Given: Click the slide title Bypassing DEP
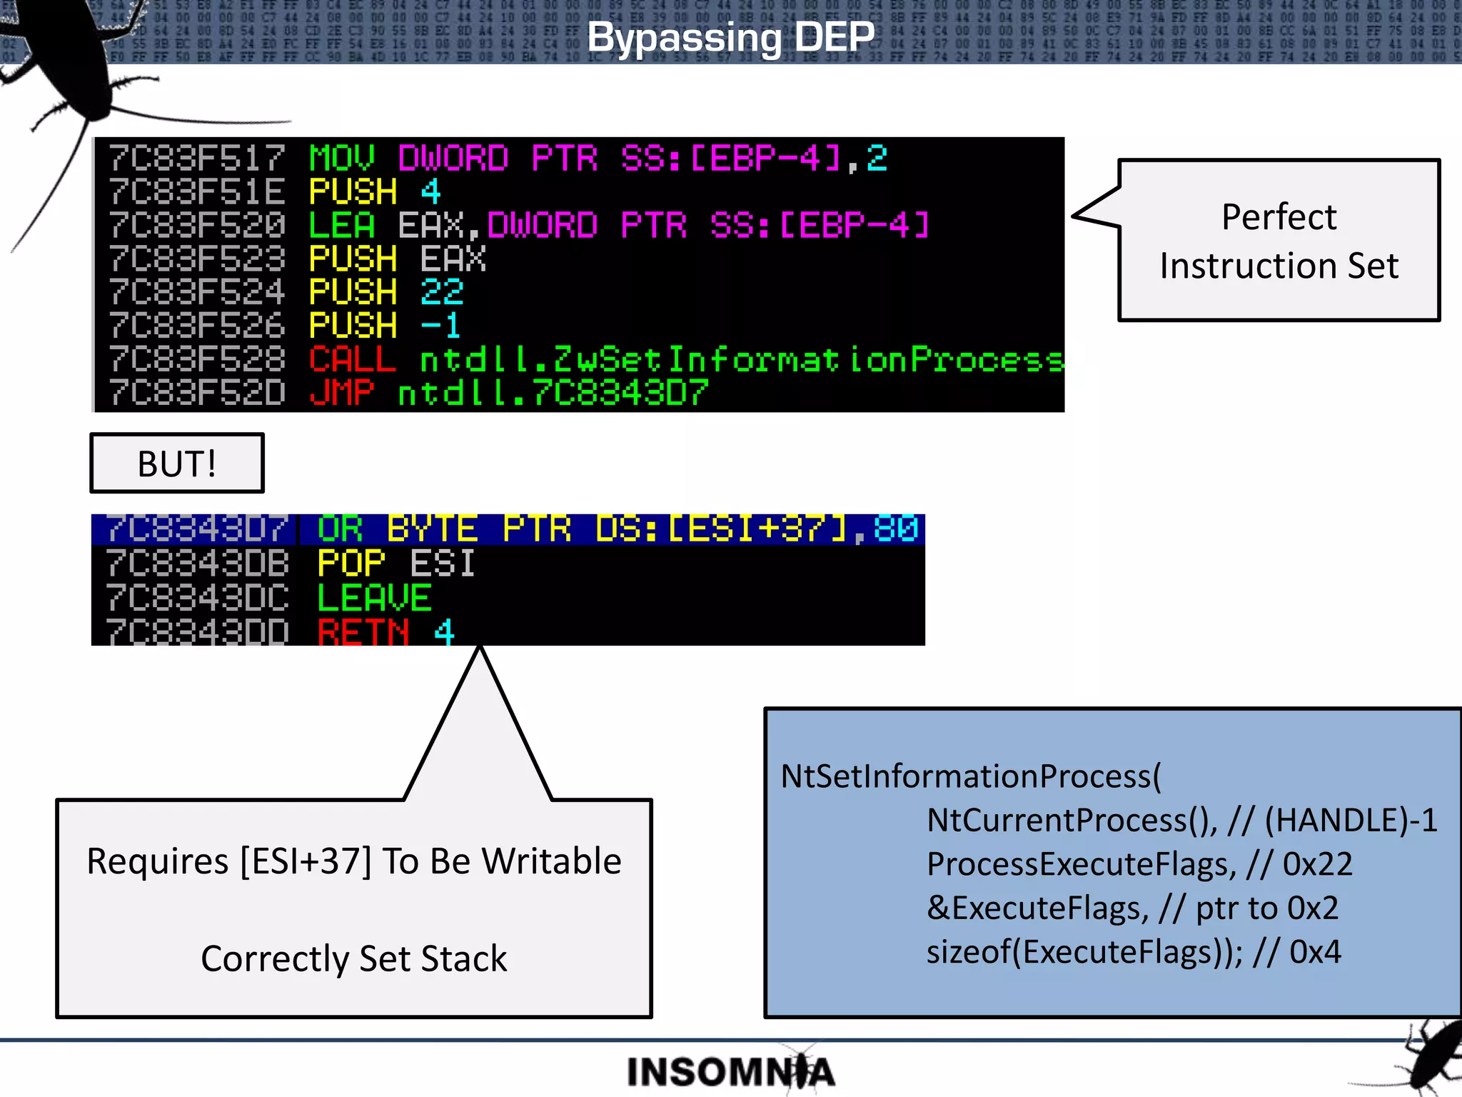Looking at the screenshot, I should (730, 37).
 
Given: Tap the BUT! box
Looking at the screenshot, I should (177, 464).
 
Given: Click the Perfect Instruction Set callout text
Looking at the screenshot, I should (1279, 241).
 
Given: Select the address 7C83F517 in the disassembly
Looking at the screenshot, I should (197, 158).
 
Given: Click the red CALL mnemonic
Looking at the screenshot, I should (352, 359).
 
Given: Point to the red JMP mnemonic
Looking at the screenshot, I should (342, 392).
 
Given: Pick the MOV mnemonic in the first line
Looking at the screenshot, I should (341, 158).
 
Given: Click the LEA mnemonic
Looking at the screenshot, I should (341, 225).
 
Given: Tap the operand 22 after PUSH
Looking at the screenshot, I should (442, 291).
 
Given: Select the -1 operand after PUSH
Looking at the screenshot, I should (440, 325).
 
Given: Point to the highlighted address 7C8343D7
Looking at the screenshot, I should (197, 529).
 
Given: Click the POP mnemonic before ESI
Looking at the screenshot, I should (351, 563).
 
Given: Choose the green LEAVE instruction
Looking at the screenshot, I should (374, 598).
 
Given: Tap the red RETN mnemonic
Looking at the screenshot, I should (363, 631).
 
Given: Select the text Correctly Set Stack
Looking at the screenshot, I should (353, 958).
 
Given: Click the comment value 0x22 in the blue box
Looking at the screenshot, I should (1317, 864).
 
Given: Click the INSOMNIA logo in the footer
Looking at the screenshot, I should (730, 1072).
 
